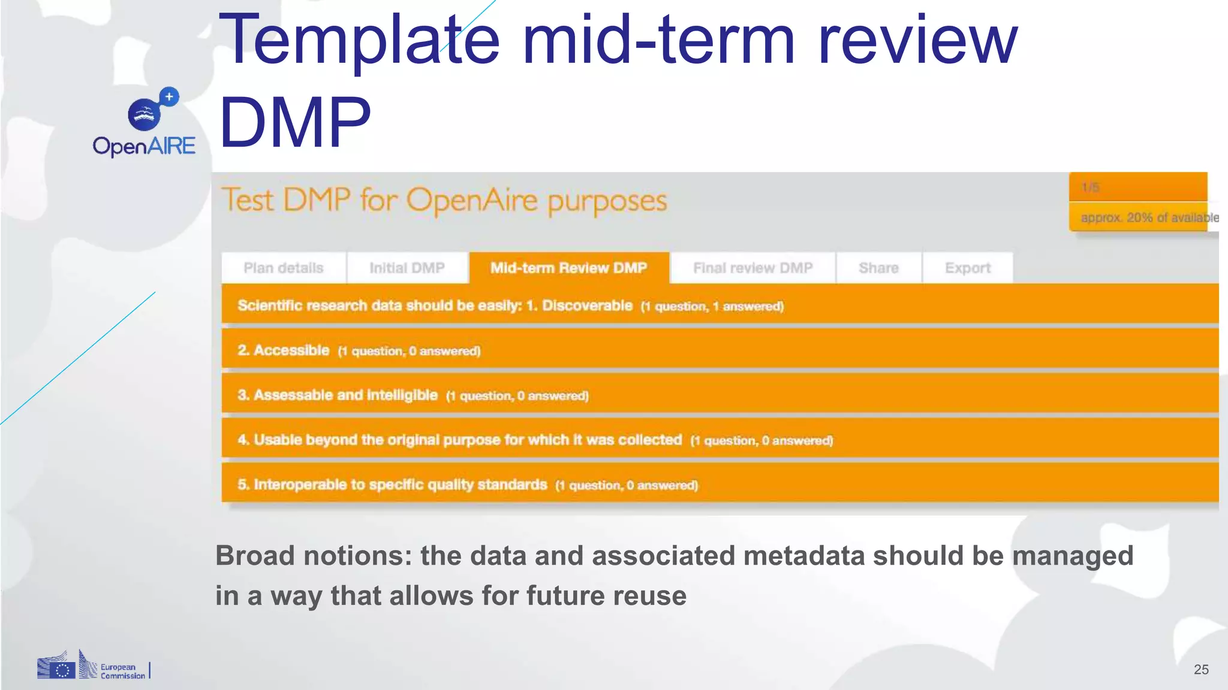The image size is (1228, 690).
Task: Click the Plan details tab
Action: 283,268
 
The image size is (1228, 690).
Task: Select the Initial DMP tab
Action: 407,268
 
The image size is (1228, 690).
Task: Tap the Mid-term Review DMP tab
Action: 568,268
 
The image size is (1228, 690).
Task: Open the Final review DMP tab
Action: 753,268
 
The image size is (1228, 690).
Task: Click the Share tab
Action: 878,268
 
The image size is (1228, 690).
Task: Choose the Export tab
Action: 967,268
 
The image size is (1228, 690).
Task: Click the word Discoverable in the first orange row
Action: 587,305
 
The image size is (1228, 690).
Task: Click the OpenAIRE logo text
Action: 144,146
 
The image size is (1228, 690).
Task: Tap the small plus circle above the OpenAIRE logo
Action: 169,96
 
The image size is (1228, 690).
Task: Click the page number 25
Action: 1201,670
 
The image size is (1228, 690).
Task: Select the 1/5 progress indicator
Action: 1090,187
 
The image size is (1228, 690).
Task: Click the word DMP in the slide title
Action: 295,123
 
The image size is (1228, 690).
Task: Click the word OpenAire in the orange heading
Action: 472,201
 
